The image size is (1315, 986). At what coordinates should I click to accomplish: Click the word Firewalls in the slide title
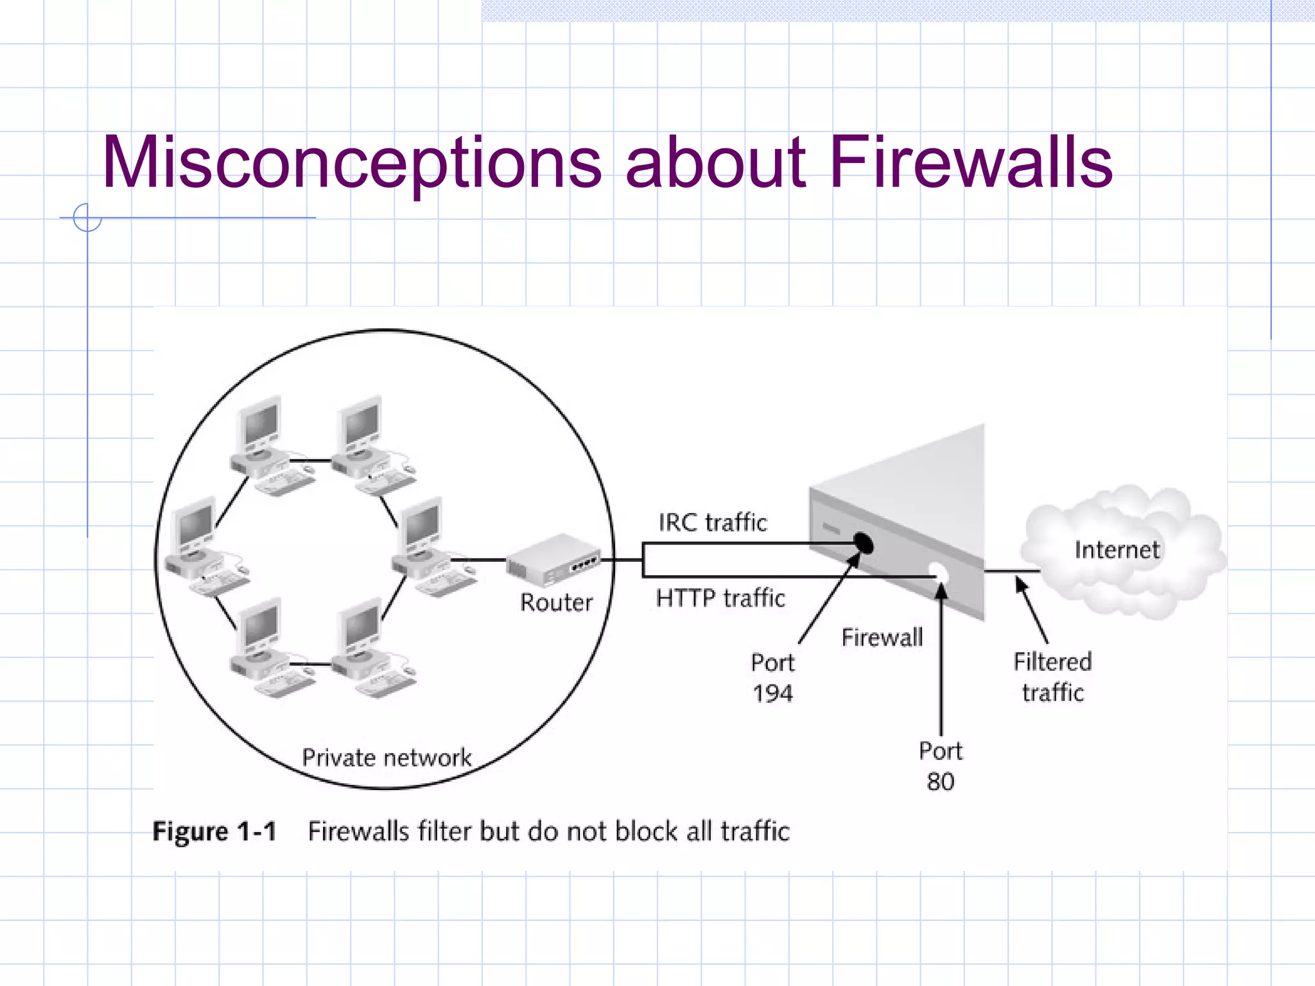point(971,164)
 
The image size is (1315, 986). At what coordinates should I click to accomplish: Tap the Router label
point(556,603)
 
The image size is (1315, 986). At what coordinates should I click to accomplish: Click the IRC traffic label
point(713,523)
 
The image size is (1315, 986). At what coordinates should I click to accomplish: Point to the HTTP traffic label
point(720,598)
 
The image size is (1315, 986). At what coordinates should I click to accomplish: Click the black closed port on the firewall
point(865,544)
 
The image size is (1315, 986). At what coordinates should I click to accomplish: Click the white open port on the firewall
point(939,572)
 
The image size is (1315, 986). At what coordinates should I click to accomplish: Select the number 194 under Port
point(772,694)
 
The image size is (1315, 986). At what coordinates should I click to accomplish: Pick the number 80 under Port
point(941,782)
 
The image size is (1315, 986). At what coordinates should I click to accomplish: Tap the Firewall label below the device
point(882,637)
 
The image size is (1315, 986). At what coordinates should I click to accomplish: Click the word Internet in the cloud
point(1117,550)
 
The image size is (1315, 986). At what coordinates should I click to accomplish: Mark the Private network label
point(387,758)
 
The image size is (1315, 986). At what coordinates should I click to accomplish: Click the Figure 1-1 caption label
point(214,832)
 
